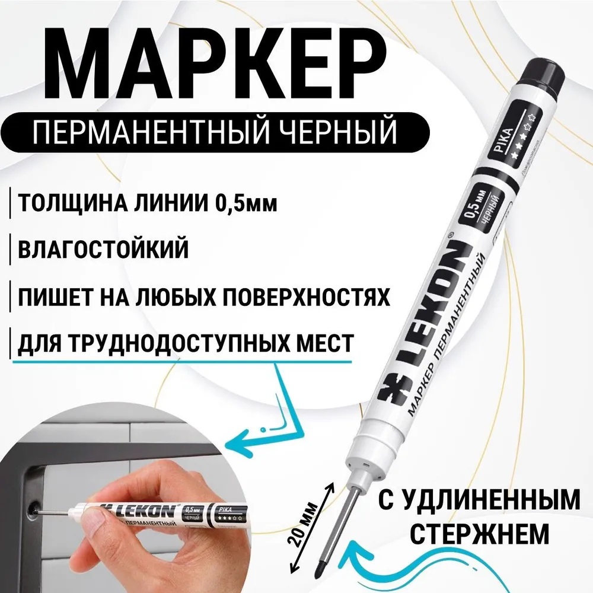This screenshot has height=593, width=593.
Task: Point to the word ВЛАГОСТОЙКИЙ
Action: coord(104,248)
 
